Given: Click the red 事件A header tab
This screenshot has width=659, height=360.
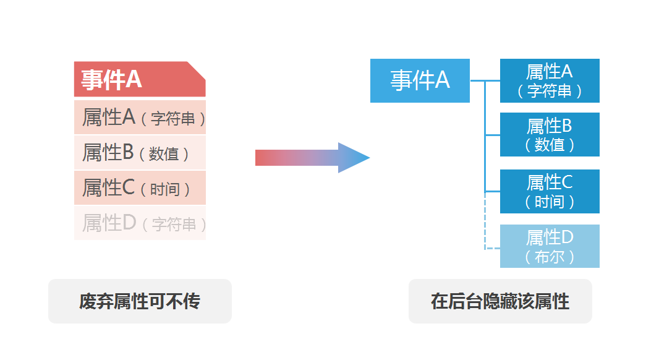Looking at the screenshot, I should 140,79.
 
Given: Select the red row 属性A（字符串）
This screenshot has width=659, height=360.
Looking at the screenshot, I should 140,117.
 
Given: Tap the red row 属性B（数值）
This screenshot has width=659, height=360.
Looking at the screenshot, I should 140,152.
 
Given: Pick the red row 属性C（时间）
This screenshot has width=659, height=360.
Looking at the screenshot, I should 140,187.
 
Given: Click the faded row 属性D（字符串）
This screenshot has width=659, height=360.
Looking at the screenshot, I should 140,223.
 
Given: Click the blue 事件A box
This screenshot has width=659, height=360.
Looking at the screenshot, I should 420,80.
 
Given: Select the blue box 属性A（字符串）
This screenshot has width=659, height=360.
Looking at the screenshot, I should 550,80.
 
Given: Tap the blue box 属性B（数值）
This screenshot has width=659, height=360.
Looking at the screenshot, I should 550,134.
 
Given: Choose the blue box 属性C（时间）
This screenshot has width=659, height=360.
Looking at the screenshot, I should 550,191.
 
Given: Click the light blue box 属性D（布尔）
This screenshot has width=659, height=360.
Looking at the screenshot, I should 550,246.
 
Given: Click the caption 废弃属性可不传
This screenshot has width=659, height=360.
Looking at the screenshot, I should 140,301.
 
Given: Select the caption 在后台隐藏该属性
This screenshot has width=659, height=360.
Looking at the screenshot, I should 500,301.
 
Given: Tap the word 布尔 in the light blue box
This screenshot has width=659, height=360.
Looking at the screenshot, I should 550,256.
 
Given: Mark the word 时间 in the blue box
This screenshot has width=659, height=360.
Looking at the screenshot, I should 550,201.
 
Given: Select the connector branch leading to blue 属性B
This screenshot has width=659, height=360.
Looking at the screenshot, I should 492,134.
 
